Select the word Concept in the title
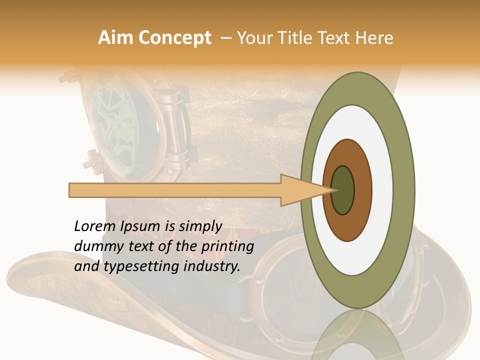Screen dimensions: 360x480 [174, 38]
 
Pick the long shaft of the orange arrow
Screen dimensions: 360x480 [175, 190]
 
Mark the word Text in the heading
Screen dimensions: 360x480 [336, 38]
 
